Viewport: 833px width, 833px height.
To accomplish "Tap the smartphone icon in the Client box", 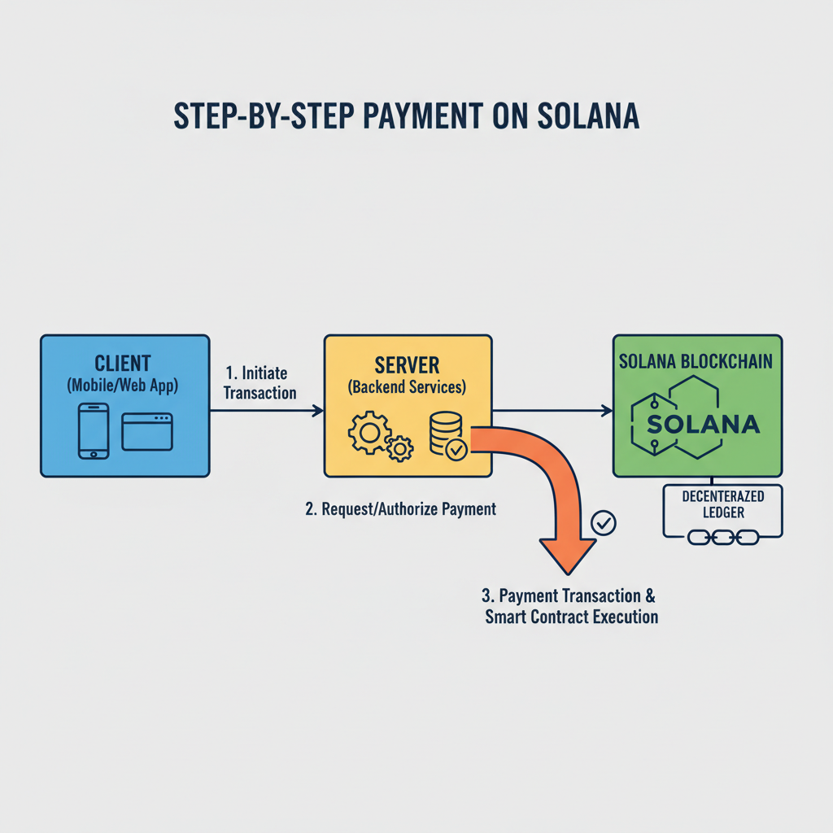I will coord(94,431).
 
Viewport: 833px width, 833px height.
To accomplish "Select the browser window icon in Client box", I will coord(147,431).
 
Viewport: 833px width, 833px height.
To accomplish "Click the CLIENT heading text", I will coord(123,362).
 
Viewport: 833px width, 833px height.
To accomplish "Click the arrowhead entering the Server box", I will coord(318,412).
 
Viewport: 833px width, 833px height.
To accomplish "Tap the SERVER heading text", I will coord(407,363).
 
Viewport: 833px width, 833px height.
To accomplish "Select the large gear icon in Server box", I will coord(368,433).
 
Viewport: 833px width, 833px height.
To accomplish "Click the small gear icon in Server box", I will coord(400,447).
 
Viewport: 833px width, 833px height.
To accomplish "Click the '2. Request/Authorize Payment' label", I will coord(400,510).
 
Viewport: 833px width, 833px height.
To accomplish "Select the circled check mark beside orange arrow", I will coord(604,523).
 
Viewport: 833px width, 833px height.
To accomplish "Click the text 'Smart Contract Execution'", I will coord(571,617).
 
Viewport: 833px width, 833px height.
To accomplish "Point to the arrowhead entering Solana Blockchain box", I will coord(607,412).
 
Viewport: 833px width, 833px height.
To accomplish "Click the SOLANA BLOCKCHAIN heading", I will coord(696,361).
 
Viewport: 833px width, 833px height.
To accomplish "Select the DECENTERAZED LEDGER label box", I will coord(722,504).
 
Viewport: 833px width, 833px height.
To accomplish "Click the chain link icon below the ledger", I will coord(723,537).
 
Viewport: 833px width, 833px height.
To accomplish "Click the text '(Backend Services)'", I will coord(407,388).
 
